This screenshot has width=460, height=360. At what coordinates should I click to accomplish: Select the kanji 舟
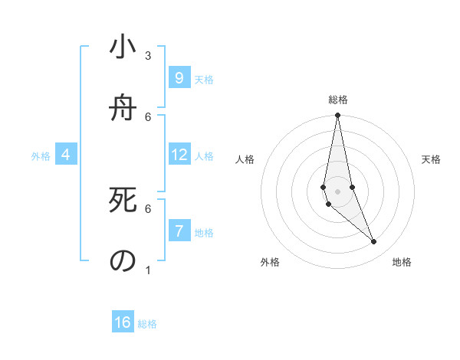[123, 107]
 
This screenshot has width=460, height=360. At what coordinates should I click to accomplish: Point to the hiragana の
[123, 260]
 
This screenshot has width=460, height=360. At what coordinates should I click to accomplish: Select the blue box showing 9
[179, 78]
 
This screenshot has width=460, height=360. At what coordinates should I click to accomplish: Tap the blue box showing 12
[179, 155]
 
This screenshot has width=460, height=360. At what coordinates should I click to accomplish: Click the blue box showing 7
[179, 231]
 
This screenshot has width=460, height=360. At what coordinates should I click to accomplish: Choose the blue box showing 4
[66, 155]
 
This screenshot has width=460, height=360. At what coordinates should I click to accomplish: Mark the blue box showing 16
[123, 322]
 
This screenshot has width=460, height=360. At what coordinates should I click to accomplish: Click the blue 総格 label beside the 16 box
[147, 324]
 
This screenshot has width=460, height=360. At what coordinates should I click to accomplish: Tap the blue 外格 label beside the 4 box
[41, 156]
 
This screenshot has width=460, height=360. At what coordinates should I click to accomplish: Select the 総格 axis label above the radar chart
[337, 100]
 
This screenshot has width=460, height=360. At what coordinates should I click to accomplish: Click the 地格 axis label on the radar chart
[402, 262]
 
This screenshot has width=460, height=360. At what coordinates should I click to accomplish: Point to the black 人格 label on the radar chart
[245, 160]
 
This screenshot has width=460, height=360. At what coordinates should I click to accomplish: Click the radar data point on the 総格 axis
[337, 116]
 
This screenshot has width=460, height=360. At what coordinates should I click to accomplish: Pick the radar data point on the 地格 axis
[374, 242]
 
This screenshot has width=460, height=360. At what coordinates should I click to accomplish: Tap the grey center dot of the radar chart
[337, 191]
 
